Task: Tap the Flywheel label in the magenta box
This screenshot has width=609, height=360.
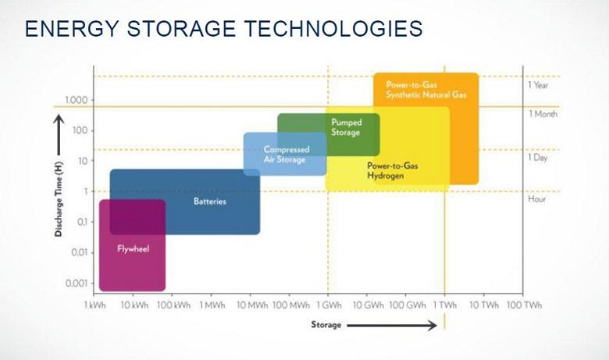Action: (134, 249)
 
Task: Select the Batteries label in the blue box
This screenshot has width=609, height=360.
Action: (210, 201)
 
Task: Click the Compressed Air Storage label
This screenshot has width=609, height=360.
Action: (287, 154)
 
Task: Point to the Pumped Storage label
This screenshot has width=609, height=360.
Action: (347, 127)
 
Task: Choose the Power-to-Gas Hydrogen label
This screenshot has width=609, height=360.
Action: (393, 170)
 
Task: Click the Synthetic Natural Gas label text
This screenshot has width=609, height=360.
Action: (426, 94)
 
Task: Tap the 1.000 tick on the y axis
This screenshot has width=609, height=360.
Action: (77, 100)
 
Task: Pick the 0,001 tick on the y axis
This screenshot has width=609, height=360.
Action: (77, 283)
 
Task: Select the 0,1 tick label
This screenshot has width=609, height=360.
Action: (81, 222)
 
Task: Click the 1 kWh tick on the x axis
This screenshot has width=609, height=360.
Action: (94, 305)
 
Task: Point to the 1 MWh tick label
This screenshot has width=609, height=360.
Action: (212, 305)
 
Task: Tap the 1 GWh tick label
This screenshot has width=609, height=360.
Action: (329, 305)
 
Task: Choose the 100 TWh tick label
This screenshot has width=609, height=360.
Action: (524, 305)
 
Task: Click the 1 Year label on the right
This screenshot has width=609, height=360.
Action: (538, 85)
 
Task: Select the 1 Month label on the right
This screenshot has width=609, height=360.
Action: (543, 114)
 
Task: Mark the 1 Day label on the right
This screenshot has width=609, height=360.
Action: (538, 157)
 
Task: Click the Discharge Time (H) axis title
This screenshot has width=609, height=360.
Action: (59, 199)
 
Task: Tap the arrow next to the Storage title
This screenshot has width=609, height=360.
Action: (392, 326)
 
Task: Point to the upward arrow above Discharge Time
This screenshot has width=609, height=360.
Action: (59, 134)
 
